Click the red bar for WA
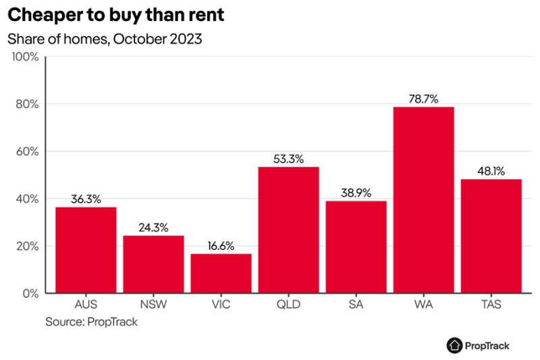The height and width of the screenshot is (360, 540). coord(423,200)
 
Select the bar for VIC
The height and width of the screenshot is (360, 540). coord(221,274)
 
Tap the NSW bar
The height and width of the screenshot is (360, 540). coord(153,264)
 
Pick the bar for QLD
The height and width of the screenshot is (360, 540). coord(288,230)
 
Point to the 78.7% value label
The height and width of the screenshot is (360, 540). coord(423,99)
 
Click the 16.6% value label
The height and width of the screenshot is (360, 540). coord(221,246)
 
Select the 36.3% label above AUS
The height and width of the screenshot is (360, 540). coord(86,199)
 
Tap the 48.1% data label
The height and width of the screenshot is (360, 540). coord(491,171)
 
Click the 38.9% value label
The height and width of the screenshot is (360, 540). coord(356,192)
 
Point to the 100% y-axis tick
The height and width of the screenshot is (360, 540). coord(26,57)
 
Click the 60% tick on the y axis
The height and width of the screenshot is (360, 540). coord(28,151)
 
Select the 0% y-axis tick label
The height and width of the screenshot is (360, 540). coord(31,294)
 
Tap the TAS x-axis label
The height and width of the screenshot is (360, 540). coord(491,305)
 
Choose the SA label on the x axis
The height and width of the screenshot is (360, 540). coord(356,305)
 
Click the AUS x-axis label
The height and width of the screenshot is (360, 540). coord(86,305)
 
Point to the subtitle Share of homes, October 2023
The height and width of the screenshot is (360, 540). coord(105,38)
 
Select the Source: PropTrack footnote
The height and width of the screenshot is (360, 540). coord(91,322)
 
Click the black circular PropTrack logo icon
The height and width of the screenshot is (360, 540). coord(454,345)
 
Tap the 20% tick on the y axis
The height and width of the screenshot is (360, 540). coord(28,247)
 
